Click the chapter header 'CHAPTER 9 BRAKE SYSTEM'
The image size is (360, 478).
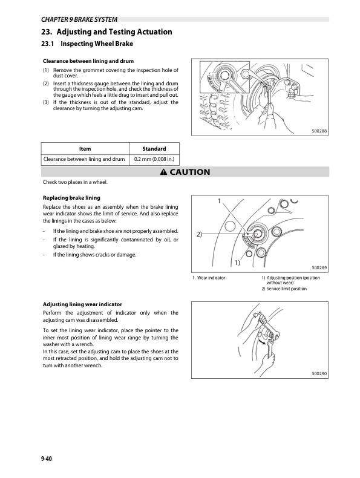click(79, 19)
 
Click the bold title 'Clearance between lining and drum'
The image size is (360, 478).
click(88, 62)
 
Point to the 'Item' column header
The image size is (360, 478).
click(85, 149)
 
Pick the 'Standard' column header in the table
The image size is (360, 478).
click(154, 149)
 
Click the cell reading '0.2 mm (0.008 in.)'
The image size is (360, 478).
click(154, 160)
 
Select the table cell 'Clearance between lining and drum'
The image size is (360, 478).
click(85, 160)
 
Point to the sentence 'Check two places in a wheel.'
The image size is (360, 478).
click(76, 182)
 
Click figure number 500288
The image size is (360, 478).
click(319, 131)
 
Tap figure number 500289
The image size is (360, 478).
click(319, 267)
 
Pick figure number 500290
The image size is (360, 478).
click(319, 374)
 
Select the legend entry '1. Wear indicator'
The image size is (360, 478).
click(209, 278)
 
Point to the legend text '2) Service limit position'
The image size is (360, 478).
click(284, 289)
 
